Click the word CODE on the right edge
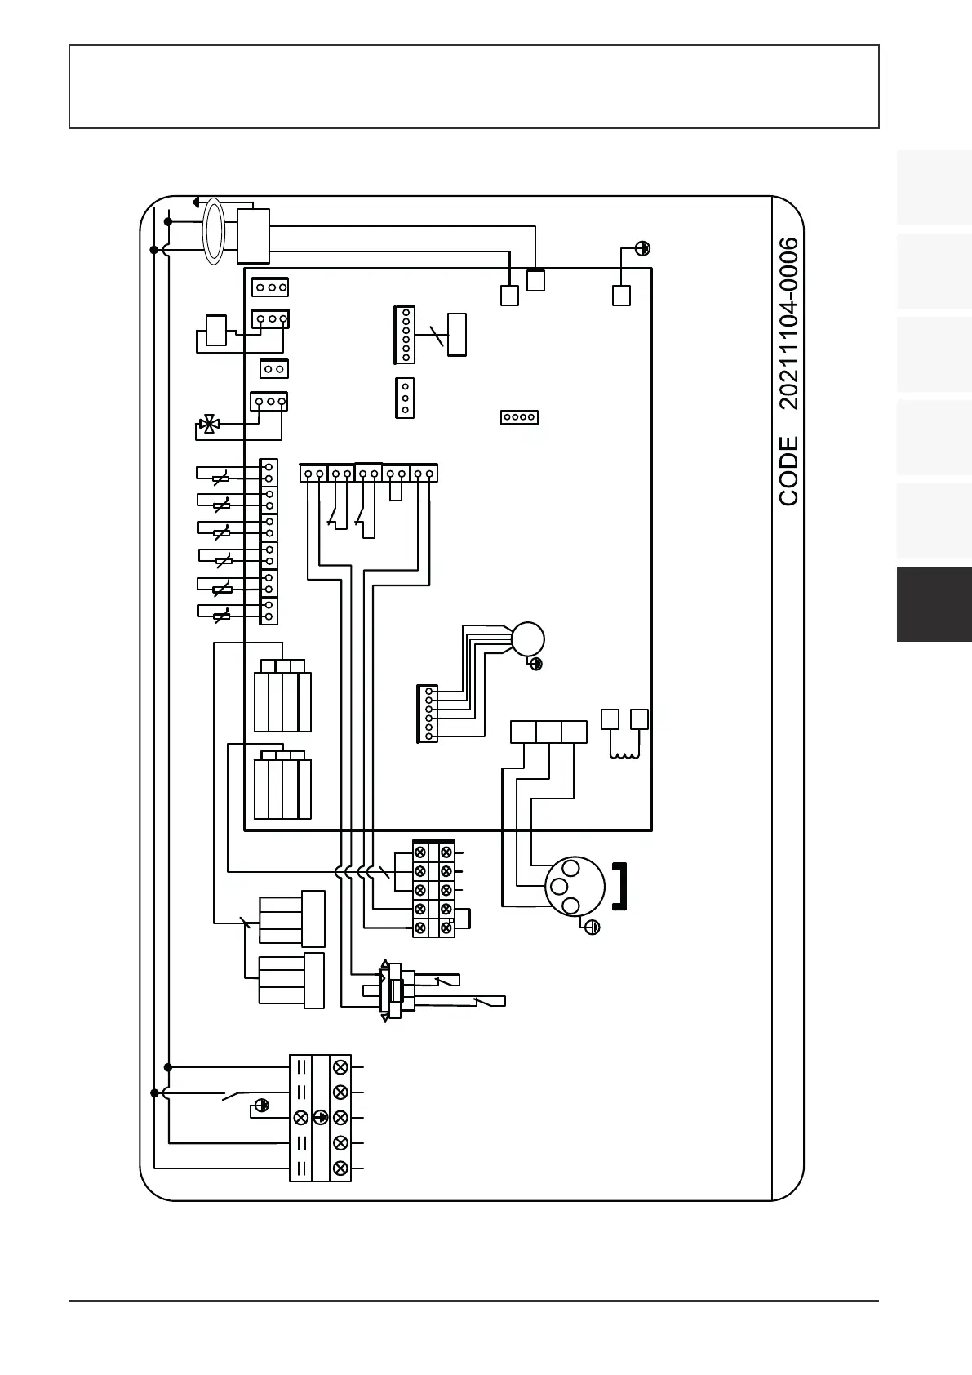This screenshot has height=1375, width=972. (788, 470)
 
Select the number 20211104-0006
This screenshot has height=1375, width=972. (788, 323)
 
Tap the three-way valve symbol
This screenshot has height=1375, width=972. (209, 424)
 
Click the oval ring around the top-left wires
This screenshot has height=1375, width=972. (213, 230)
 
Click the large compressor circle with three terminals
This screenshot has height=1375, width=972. (575, 886)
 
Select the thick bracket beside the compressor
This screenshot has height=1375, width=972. (620, 885)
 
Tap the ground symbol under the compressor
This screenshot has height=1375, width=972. (593, 927)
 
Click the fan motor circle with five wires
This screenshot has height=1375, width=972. (527, 639)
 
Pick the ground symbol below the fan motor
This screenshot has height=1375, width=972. (536, 664)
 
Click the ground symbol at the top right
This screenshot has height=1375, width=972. (643, 248)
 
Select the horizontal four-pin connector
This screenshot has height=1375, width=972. (519, 417)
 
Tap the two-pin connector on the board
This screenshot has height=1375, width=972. (273, 369)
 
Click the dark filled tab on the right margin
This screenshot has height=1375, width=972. (934, 604)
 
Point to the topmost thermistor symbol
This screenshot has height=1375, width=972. (220, 478)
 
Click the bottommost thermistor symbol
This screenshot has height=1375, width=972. (221, 616)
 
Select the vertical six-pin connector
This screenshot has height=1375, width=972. (405, 335)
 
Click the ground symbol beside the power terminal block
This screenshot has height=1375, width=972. (261, 1106)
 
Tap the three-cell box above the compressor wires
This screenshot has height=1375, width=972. (548, 732)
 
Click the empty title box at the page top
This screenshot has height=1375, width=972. (473, 87)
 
